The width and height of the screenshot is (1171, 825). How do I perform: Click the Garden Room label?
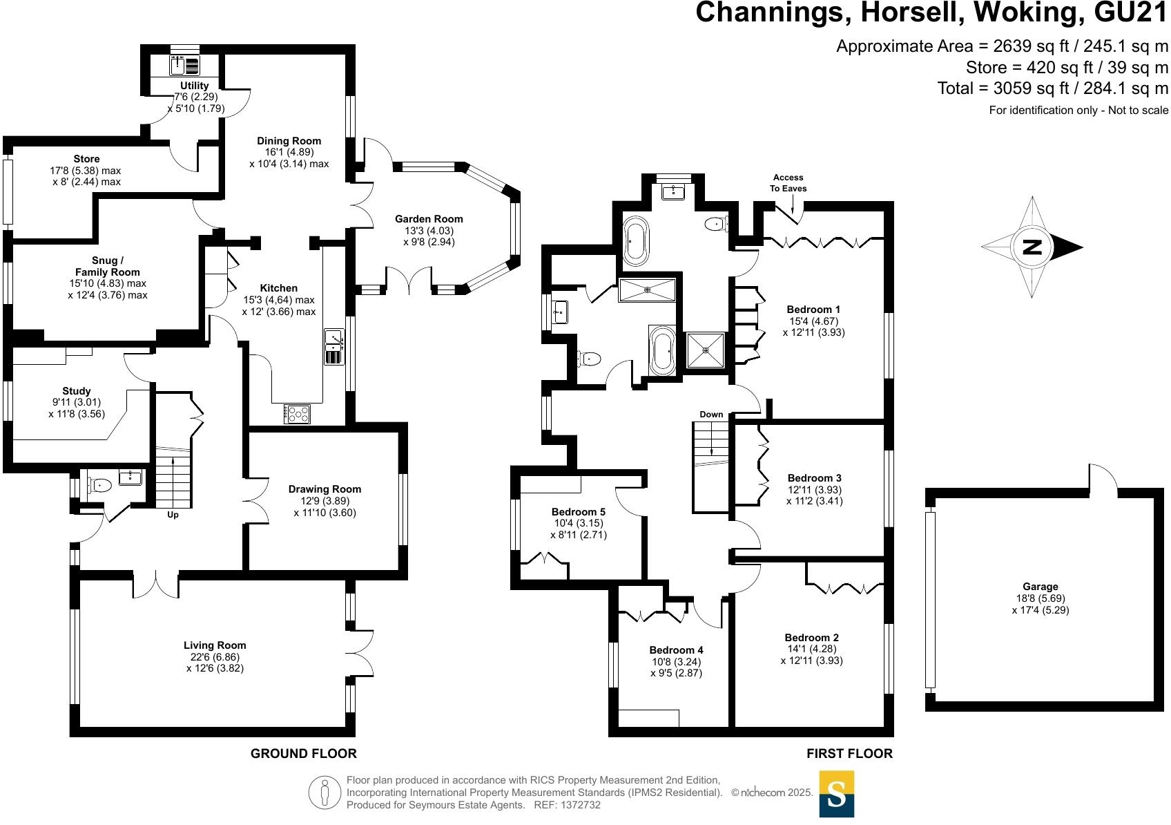(429, 219)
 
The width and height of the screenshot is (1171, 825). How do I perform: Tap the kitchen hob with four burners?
(298, 414)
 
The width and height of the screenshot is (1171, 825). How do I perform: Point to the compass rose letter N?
(1032, 247)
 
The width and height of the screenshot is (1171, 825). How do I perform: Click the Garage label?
(1041, 587)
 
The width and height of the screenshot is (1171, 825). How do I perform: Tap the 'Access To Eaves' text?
(789, 183)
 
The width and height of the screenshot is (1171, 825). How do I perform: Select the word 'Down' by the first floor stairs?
(711, 415)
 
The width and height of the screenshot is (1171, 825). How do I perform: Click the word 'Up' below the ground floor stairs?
(173, 515)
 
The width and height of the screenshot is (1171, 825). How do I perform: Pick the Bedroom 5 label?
(579, 512)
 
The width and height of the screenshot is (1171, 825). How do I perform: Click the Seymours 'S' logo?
(836, 794)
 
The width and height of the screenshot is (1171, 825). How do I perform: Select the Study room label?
(76, 391)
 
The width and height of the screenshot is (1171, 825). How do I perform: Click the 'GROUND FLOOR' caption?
(303, 753)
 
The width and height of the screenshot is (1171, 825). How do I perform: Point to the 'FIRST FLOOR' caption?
(849, 753)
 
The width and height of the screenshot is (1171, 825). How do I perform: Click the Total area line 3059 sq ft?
(1052, 88)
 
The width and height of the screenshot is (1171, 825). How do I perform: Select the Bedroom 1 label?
(813, 309)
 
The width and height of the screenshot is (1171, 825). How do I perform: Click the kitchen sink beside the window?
(333, 339)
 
